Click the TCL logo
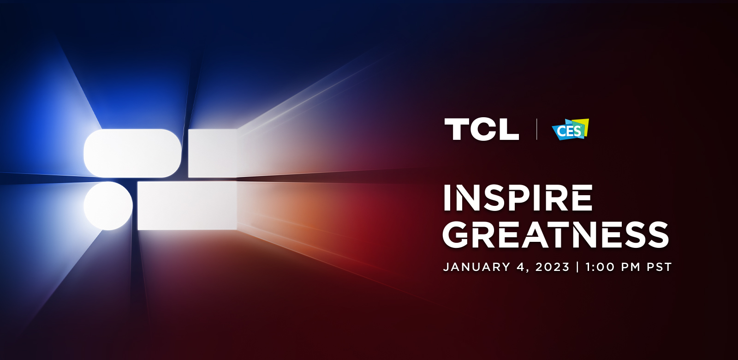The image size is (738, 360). (482, 129)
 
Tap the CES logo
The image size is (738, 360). (570, 129)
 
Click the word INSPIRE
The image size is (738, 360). (518, 198)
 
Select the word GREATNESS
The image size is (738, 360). (555, 235)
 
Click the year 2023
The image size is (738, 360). (553, 267)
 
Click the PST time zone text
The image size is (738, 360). (659, 267)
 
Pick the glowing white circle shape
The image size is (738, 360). (108, 206)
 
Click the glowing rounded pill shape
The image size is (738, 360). (132, 153)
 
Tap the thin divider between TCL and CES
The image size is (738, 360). (537, 129)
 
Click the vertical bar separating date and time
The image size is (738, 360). (577, 267)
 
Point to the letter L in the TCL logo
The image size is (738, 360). (509, 129)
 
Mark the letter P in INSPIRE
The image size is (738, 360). (517, 198)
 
